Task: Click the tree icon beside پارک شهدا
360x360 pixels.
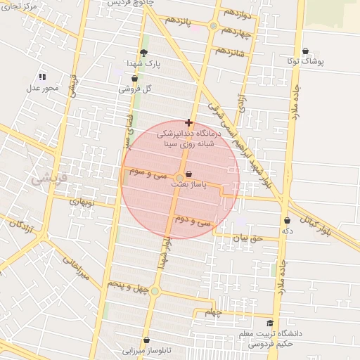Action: [144, 53]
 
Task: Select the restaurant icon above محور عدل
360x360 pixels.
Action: [42, 76]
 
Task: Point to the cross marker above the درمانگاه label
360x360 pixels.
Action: [188, 122]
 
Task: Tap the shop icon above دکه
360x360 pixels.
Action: [287, 221]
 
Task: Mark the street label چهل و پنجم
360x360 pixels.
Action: [126, 284]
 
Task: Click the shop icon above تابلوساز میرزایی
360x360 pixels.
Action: [146, 340]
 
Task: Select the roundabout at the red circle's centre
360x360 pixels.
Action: [179, 177]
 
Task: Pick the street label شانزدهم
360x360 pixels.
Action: [231, 51]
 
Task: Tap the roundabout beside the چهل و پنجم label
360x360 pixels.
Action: [155, 291]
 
